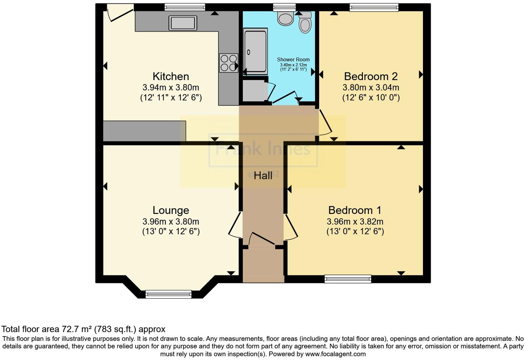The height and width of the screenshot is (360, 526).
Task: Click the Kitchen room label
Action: (171, 76)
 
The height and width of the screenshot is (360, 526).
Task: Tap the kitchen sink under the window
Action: (183, 23)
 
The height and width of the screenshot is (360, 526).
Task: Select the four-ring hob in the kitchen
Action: (228, 63)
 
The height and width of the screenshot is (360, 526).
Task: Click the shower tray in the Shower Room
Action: (255, 51)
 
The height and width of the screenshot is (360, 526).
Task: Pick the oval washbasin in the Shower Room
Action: (285, 19)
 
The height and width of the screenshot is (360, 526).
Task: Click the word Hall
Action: (263, 176)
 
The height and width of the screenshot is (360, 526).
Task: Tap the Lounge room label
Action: (171, 210)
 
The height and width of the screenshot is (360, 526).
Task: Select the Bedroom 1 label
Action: (355, 210)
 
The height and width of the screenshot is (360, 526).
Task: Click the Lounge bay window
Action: (169, 294)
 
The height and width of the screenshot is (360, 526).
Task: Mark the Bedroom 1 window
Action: (348, 279)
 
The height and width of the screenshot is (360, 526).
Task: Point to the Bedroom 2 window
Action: (374, 7)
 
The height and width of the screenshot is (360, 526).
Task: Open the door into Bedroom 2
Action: (325, 123)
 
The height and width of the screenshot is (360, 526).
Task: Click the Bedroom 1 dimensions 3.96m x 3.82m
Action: (355, 222)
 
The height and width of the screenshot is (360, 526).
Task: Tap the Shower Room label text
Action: (293, 60)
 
